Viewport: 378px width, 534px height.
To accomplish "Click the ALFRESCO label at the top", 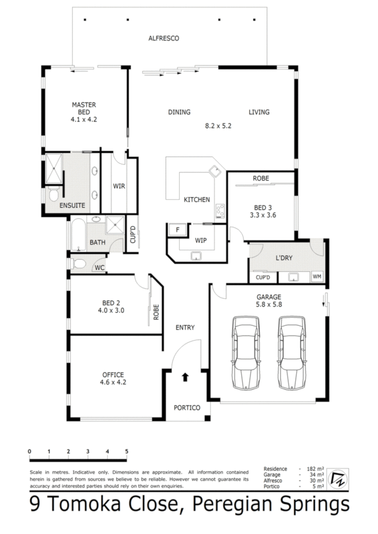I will pos(163,38).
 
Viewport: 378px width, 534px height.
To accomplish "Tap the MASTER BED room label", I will pos(84,105).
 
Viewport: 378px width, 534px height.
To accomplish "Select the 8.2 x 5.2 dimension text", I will pos(218,126).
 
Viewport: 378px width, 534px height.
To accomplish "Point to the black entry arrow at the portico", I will pos(186,378).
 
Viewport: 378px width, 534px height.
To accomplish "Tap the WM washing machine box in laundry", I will pos(317,277).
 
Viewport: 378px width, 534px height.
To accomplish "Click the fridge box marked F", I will pos(177,230).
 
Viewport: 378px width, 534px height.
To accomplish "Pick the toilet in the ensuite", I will pos(53,195).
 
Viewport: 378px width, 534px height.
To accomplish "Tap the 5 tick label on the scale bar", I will pos(127,451).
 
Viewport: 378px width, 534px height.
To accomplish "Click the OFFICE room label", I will pos(113,374).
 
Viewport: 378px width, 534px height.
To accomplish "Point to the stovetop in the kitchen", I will pos(220,211).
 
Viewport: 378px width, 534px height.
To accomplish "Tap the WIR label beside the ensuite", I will pos(119,186).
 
